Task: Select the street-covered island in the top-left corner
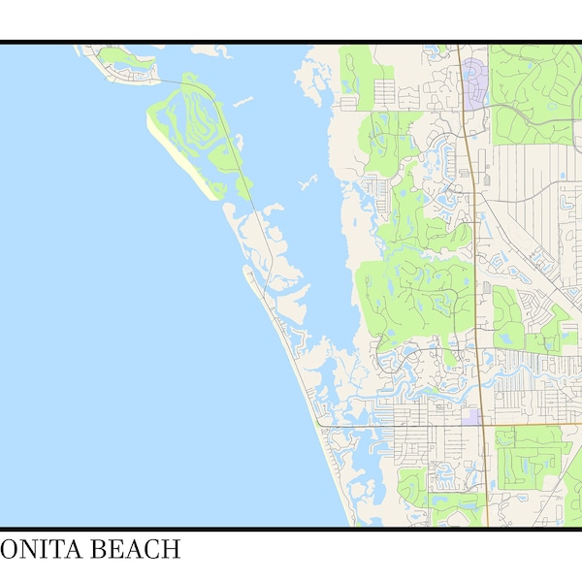(121, 66)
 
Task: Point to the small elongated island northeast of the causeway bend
(242, 100)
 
